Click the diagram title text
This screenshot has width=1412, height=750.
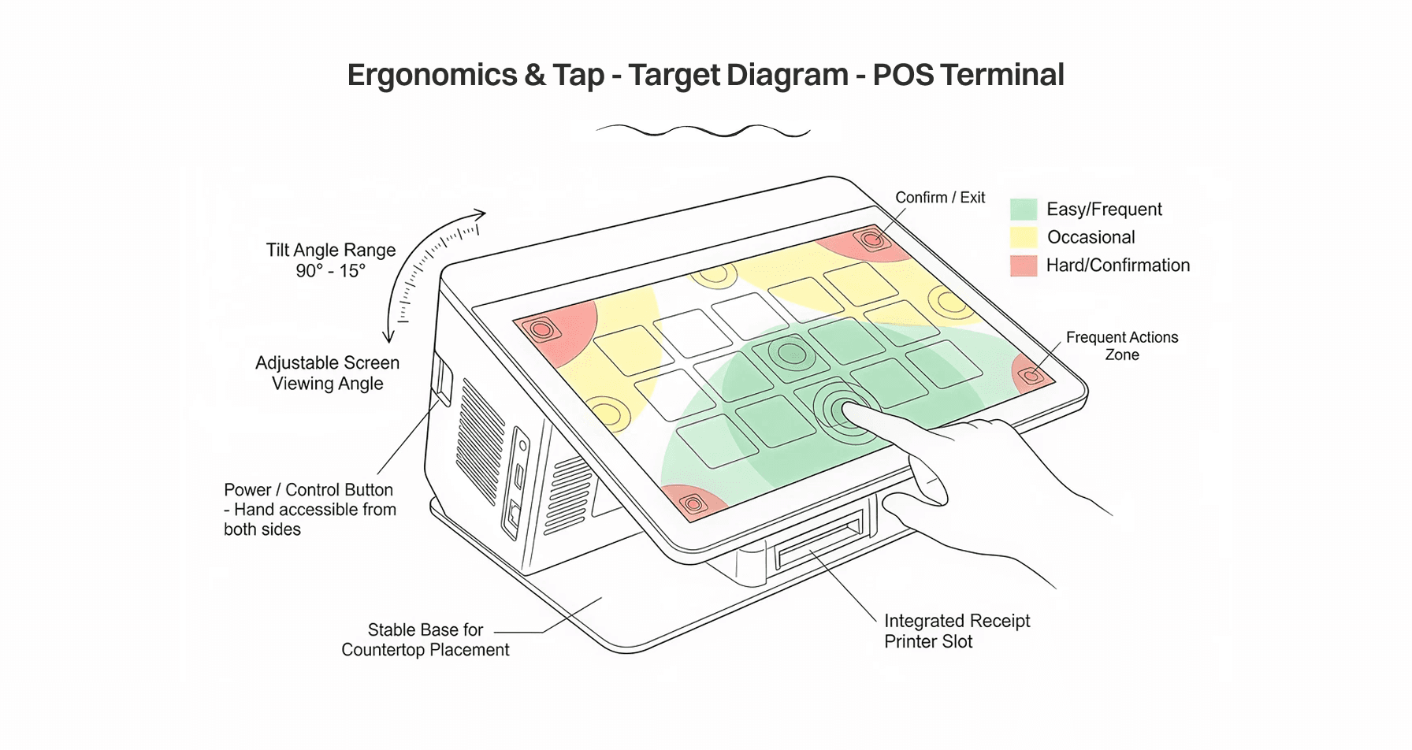(x=705, y=75)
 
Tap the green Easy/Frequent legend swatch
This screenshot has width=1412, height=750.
(x=1024, y=210)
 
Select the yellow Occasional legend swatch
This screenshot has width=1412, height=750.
(x=1024, y=237)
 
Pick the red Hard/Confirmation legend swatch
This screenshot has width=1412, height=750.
(x=1024, y=265)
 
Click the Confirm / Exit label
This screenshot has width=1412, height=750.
(x=940, y=198)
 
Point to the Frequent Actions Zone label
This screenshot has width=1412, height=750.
(x=1122, y=346)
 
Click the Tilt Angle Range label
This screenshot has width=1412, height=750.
(x=331, y=260)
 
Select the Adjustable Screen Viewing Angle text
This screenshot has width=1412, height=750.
(x=328, y=373)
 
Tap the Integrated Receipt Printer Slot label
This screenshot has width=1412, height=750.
(x=957, y=631)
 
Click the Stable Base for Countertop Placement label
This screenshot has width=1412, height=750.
(x=425, y=640)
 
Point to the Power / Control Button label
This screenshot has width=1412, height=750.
(x=310, y=509)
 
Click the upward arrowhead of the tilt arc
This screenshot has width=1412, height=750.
(x=480, y=213)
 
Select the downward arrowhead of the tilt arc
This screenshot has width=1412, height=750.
(x=388, y=336)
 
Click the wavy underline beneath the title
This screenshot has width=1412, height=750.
(x=703, y=131)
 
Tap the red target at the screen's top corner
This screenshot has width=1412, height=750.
(x=871, y=237)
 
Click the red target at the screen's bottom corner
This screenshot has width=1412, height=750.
(x=692, y=503)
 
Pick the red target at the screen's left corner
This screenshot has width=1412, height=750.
(x=542, y=329)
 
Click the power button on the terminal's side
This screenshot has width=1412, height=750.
(x=442, y=379)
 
